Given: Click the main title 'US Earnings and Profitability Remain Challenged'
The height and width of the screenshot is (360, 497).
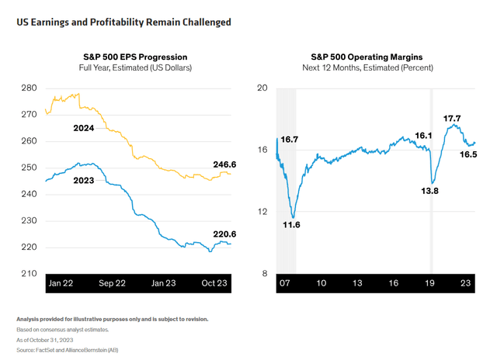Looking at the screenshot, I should point(123,22).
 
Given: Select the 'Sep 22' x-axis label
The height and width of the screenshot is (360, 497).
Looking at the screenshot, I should point(113,283).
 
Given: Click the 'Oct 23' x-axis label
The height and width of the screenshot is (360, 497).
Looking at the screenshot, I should point(217,283).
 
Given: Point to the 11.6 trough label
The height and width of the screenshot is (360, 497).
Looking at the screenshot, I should point(292,224).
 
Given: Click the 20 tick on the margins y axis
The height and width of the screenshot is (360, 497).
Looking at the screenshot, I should point(262,88).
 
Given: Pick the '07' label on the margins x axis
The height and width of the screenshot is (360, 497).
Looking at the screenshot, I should point(284,283).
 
